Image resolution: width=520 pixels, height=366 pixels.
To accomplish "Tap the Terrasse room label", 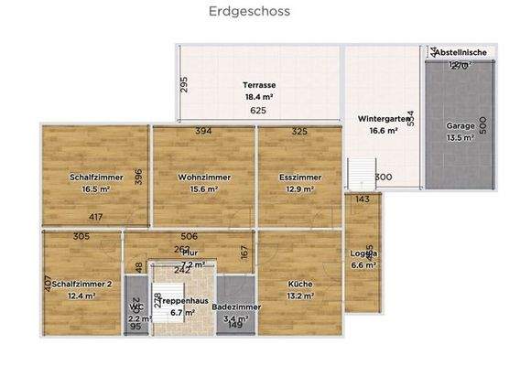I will [x=260, y=84].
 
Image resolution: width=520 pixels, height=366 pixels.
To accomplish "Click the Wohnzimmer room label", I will [x=204, y=178].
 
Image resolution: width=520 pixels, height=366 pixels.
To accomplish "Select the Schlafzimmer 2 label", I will [x=81, y=284].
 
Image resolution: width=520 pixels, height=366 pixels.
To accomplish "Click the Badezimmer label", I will [x=236, y=307].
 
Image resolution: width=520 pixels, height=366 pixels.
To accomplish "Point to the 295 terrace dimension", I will [x=184, y=85].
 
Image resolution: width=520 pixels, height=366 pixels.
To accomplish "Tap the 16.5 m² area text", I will [x=95, y=189].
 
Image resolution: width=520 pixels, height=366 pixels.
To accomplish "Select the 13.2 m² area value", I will [x=300, y=296].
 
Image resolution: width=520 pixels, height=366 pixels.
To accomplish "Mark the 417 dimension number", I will [x=95, y=217].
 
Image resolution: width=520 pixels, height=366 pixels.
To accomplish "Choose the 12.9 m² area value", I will [x=300, y=189].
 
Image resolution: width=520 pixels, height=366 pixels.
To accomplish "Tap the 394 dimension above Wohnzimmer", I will [x=203, y=132].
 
